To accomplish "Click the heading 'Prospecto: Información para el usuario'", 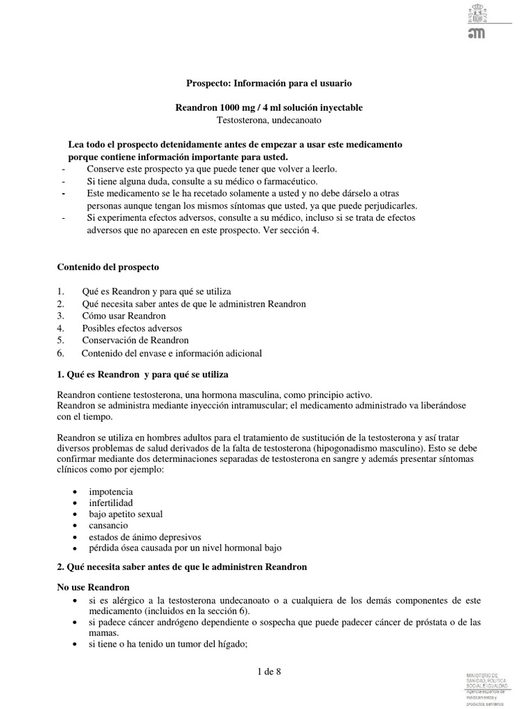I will (x=269, y=83).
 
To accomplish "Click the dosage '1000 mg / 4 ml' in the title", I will (x=242, y=107).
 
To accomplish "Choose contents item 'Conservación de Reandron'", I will (x=134, y=340).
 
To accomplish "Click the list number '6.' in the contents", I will (x=60, y=353).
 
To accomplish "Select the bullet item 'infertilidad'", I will (x=111, y=503).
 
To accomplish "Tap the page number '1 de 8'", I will (x=268, y=671).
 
